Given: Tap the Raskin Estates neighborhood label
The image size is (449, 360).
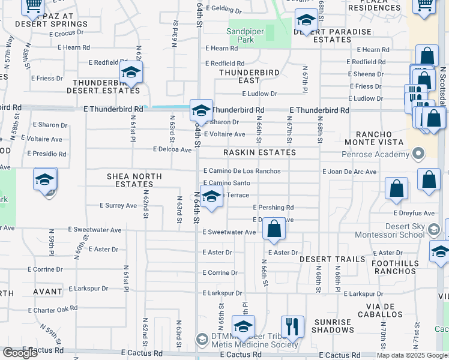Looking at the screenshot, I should tap(259, 152).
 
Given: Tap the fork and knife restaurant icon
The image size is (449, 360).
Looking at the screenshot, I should tap(292, 326).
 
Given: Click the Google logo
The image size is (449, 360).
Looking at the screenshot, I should tap(20, 352).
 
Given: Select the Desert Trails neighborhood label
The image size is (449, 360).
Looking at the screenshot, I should tap(332, 259).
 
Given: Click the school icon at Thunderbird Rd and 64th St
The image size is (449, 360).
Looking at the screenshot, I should tap(202, 110).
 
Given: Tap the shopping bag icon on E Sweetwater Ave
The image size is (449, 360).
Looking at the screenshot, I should tap(274, 229).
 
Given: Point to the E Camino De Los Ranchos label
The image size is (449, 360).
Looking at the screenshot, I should tap(242, 171).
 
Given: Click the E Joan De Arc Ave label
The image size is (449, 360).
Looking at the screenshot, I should tap(349, 172).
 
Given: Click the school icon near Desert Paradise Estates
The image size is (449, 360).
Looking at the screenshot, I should tap(306, 22).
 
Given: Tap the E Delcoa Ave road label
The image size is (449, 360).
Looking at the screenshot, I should tap(172, 149).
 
